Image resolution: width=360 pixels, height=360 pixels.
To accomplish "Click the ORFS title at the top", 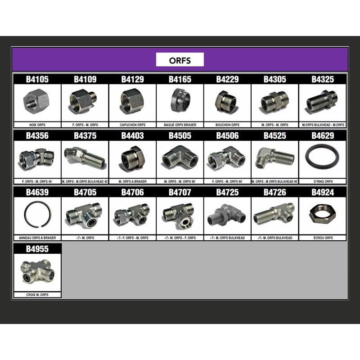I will coord(180,60).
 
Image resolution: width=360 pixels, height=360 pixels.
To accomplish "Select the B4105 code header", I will coord(37,79).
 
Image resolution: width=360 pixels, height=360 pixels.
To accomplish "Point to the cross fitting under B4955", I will coord(37,271).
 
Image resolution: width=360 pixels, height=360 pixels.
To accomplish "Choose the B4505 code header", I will coord(180,135).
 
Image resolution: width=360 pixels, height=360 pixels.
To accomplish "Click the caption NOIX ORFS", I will coord(37,125).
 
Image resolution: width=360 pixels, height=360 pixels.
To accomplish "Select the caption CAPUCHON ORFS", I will coord(133,125).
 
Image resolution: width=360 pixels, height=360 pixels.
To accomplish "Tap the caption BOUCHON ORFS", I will coord(228,125).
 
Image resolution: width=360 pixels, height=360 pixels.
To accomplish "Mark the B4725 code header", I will coord(228,192).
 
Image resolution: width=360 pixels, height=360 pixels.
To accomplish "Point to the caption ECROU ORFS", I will coord(323,238).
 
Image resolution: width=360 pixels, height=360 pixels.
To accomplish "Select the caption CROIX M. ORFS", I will coord(37,295).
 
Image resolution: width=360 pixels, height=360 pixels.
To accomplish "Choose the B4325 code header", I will coord(323,79).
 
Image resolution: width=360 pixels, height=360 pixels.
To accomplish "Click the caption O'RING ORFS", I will coord(323,181).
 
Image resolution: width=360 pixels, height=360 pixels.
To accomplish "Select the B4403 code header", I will coord(133,135).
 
